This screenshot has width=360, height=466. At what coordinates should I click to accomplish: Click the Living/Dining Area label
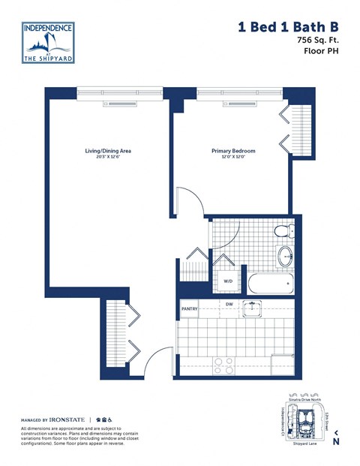[108, 151]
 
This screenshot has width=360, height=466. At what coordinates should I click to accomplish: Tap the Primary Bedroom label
[233, 151]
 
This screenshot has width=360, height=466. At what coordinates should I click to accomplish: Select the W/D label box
[228, 281]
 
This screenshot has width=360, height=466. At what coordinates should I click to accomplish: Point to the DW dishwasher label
[229, 303]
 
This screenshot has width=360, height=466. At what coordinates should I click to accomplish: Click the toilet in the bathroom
[286, 233]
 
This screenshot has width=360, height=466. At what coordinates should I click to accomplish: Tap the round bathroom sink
[286, 257]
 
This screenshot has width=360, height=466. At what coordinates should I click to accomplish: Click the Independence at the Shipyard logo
[49, 41]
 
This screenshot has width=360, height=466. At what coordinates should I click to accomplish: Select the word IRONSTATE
[67, 420]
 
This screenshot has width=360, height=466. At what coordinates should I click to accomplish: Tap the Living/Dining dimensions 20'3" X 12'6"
[108, 158]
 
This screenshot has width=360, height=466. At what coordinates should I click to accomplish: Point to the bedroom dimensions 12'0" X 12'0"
[233, 158]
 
